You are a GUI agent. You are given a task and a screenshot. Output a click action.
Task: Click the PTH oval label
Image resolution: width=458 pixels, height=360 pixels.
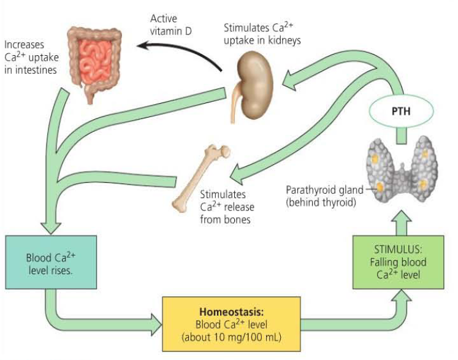402,113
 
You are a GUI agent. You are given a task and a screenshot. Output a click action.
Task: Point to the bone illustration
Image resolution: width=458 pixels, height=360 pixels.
200,178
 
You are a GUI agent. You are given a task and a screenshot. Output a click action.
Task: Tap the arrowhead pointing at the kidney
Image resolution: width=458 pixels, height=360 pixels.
289,79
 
